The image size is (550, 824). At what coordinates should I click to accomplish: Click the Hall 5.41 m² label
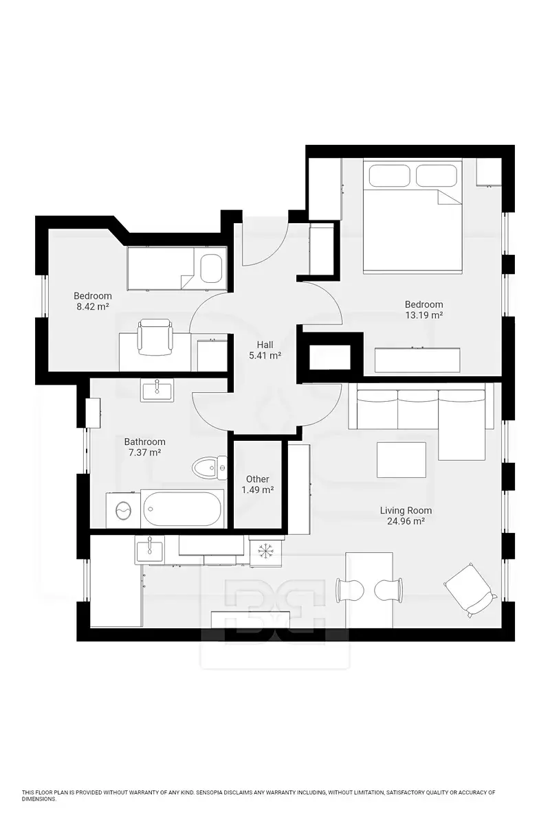click(265, 350)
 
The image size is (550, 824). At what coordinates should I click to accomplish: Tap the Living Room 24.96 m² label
click(406, 516)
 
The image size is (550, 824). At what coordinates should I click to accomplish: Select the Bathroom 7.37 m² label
click(144, 446)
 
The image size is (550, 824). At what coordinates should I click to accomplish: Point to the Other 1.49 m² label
click(258, 484)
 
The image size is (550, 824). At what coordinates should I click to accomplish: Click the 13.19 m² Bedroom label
click(423, 310)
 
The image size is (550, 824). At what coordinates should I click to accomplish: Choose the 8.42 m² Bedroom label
click(92, 301)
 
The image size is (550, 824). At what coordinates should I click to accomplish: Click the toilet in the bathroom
click(210, 468)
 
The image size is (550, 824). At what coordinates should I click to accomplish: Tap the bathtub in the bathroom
click(182, 509)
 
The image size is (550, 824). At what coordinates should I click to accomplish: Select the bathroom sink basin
click(157, 391)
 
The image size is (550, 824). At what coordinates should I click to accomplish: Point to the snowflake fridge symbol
click(264, 551)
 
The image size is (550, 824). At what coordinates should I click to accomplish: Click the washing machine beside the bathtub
click(123, 511)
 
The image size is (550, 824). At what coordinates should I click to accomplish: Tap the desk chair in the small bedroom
click(155, 337)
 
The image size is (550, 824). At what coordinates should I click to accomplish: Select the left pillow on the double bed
click(390, 175)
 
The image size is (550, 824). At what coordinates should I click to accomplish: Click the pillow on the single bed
click(211, 268)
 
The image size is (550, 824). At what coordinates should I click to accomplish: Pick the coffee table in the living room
click(401, 460)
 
